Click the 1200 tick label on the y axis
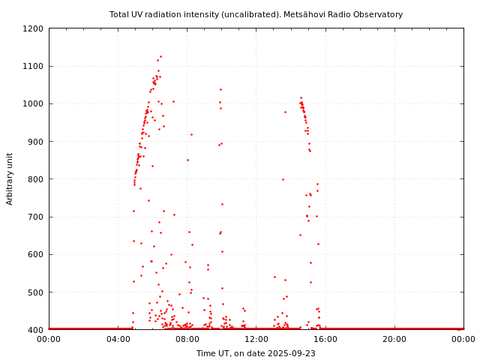click(33, 28)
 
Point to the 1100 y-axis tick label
click(33, 66)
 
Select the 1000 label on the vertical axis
click(33, 103)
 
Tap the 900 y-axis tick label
click(35, 141)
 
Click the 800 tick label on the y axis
click(35, 179)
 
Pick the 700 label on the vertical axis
click(35, 217)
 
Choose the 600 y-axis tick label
click(35, 254)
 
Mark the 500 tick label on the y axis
click(35, 292)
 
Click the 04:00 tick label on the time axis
click(118, 339)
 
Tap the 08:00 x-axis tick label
click(187, 339)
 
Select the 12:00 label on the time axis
click(256, 339)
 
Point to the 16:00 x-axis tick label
click(325, 339)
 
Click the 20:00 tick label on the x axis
click(394, 339)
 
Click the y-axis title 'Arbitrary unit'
click(10, 178)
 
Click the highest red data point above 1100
click(160, 56)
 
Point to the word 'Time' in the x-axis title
click(205, 353)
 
